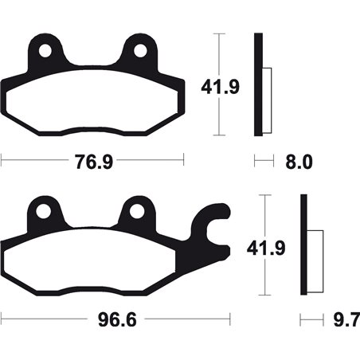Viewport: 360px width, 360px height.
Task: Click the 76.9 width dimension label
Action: (x=91, y=162)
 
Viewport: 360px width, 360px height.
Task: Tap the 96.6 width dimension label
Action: (x=112, y=323)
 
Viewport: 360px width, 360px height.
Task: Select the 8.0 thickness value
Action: (x=298, y=162)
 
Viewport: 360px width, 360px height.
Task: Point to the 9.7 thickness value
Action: (x=342, y=323)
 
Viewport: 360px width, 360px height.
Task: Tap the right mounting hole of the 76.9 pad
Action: (x=140, y=50)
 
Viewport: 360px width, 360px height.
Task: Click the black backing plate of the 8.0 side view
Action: (x=257, y=84)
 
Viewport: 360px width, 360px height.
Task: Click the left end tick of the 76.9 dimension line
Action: (x=2, y=161)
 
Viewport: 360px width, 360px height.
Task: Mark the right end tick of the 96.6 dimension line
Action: (x=231, y=322)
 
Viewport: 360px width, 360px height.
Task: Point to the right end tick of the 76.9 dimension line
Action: (x=184, y=161)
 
